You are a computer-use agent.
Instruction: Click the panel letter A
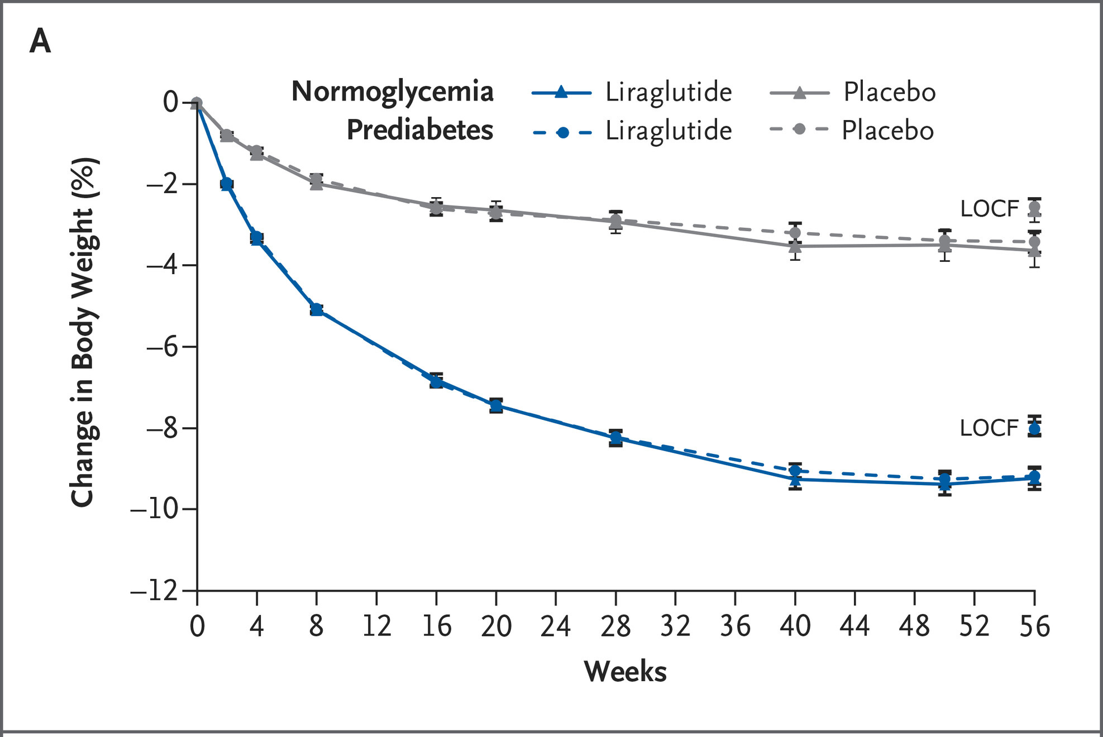click(40, 41)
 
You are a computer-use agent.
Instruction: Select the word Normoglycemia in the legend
click(392, 92)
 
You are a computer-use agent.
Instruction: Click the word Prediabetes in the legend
click(419, 130)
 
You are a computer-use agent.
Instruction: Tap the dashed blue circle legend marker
click(563, 132)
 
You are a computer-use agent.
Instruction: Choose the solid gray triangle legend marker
click(799, 93)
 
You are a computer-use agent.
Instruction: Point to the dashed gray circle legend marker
click(799, 130)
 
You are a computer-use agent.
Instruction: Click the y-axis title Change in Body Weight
click(85, 332)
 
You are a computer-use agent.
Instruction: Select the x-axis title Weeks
click(625, 671)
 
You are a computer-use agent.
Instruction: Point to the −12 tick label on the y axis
click(154, 591)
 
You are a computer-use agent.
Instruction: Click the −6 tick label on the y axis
click(162, 347)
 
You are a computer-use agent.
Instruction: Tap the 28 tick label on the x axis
click(615, 626)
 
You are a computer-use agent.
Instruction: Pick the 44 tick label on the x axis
click(854, 626)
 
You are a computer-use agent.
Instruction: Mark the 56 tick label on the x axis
click(1034, 626)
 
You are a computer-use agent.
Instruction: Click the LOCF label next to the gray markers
click(989, 209)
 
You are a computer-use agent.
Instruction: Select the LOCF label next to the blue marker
click(989, 428)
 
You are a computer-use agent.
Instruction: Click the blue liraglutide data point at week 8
click(317, 309)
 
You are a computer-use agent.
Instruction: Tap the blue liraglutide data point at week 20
click(496, 405)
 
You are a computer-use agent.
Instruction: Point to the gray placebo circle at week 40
click(795, 232)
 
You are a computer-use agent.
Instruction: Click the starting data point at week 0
click(197, 103)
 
